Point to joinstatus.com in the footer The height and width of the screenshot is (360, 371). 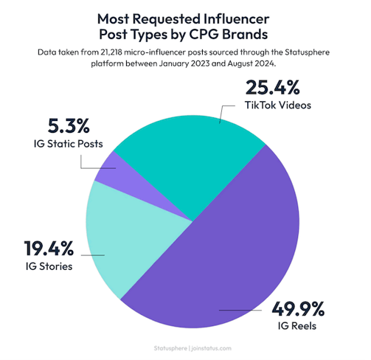click(x=211, y=345)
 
